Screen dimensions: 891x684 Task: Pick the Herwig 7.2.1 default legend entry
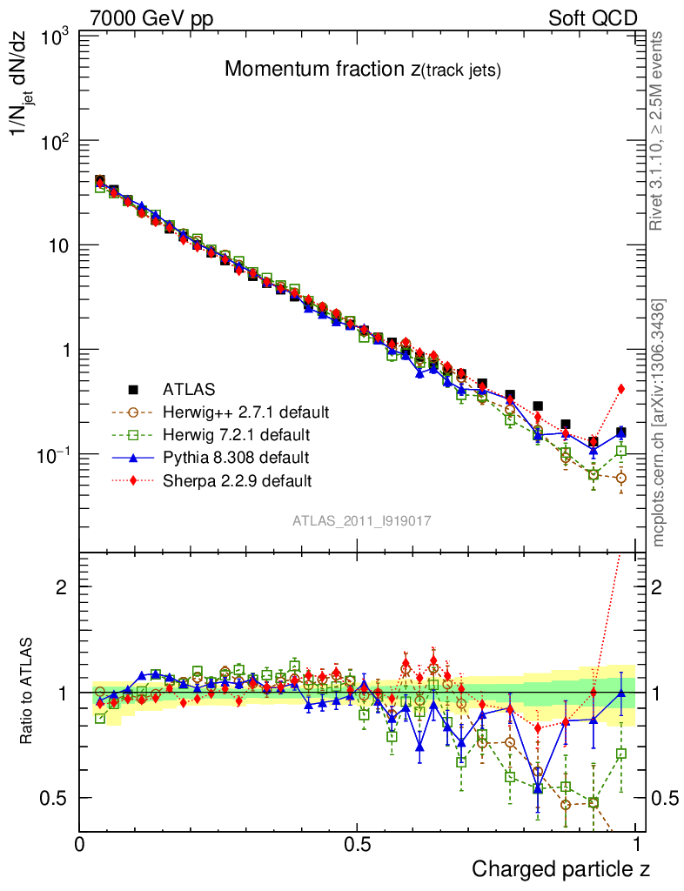(237, 434)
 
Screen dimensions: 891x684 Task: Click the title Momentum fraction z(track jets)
(363, 70)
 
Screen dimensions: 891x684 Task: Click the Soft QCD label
(593, 18)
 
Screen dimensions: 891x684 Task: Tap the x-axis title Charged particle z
(560, 868)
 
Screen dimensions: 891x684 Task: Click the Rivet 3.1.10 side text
(659, 131)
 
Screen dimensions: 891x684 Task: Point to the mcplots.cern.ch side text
(659, 423)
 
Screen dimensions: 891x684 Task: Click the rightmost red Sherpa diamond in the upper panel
(621, 389)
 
